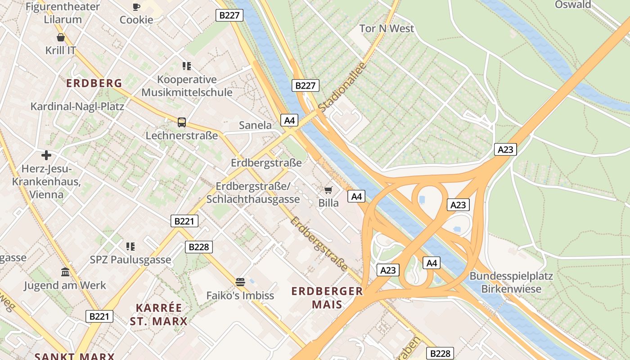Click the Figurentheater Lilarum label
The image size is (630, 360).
pyautogui.click(x=63, y=13)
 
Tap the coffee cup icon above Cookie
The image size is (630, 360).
pyautogui.click(x=136, y=6)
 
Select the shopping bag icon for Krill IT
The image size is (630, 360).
pyautogui.click(x=61, y=37)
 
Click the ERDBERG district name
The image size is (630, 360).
pyautogui.click(x=94, y=83)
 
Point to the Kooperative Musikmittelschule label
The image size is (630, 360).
pyautogui.click(x=187, y=86)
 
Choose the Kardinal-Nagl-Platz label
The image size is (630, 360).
pyautogui.click(x=77, y=107)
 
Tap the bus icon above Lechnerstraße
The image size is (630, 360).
pyautogui.click(x=182, y=122)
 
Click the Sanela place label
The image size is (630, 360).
pyautogui.click(x=255, y=125)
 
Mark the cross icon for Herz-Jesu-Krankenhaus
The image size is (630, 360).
pyautogui.click(x=46, y=155)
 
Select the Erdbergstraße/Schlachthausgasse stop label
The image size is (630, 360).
pyautogui.click(x=253, y=193)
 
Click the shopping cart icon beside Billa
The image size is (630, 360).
pyautogui.click(x=328, y=190)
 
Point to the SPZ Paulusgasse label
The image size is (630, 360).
pyautogui.click(x=130, y=260)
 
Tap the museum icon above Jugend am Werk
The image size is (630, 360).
pyautogui.click(x=65, y=272)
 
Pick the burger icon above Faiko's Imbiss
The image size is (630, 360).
pyautogui.click(x=240, y=282)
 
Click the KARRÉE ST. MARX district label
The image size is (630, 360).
pyautogui.click(x=159, y=315)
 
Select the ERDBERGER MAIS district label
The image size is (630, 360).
pyautogui.click(x=327, y=297)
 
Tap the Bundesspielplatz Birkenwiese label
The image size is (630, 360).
pyautogui.click(x=511, y=282)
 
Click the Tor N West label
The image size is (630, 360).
pyautogui.click(x=387, y=28)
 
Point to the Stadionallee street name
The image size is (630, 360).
pyautogui.click(x=342, y=87)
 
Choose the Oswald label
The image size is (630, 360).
pyautogui.click(x=573, y=4)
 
